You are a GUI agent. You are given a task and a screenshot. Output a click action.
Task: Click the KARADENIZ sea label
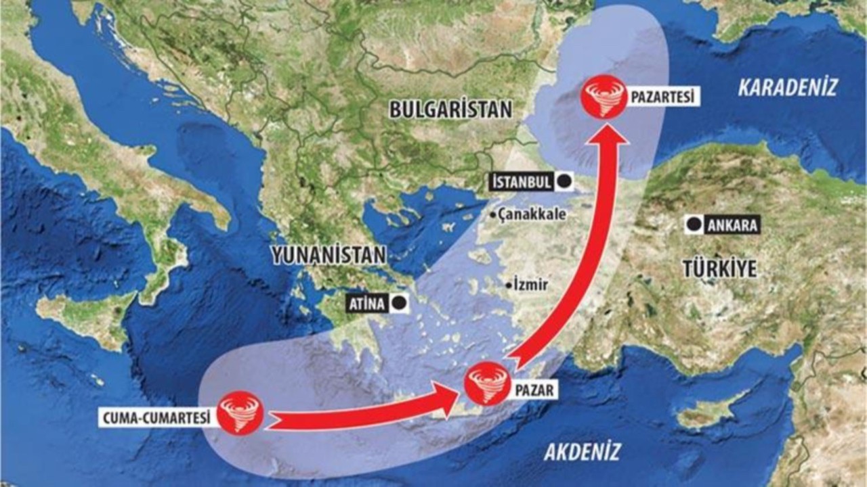coord(788,87)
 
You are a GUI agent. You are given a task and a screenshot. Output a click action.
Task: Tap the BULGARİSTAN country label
coord(450,110)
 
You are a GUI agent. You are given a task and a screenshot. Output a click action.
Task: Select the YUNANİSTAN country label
coord(329,255)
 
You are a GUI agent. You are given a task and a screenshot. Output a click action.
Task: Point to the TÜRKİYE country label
coord(719,269)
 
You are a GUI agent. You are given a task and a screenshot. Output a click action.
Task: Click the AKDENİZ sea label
coord(582,452)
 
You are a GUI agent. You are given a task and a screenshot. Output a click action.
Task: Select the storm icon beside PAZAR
coord(486,384)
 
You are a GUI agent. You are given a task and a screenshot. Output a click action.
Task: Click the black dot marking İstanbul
coord(563,181)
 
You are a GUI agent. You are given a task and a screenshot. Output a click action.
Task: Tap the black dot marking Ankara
coord(693,225)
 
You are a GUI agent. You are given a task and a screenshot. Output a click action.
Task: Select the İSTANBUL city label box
coord(520,182)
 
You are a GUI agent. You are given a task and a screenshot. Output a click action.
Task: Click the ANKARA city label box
coord(732,226)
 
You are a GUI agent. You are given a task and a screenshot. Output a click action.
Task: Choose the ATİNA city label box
coord(367,304)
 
